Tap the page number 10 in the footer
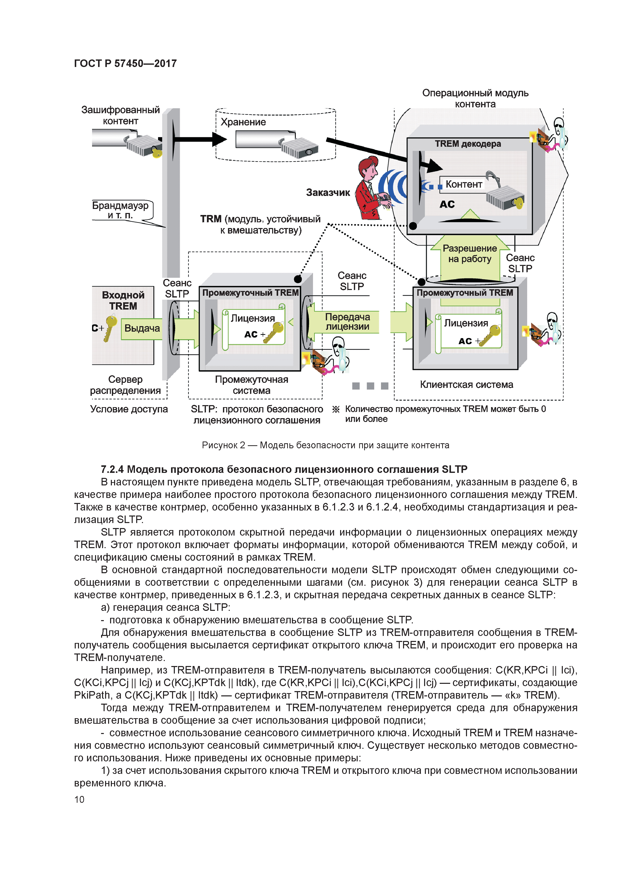[79, 799]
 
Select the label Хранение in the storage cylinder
[243, 122]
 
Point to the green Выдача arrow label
[142, 328]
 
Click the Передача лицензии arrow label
[347, 322]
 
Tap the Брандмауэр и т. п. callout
[120, 210]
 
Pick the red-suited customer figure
[370, 190]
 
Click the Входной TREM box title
[123, 301]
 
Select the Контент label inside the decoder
[464, 184]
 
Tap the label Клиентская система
[466, 384]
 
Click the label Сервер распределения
[125, 385]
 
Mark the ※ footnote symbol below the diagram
[336, 409]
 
